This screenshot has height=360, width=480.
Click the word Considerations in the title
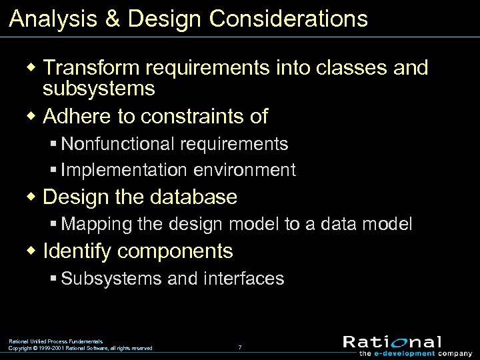288,19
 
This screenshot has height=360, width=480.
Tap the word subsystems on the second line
99,88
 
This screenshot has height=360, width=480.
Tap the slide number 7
240,347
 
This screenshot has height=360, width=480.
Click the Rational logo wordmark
392,341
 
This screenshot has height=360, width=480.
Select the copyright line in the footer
80,348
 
